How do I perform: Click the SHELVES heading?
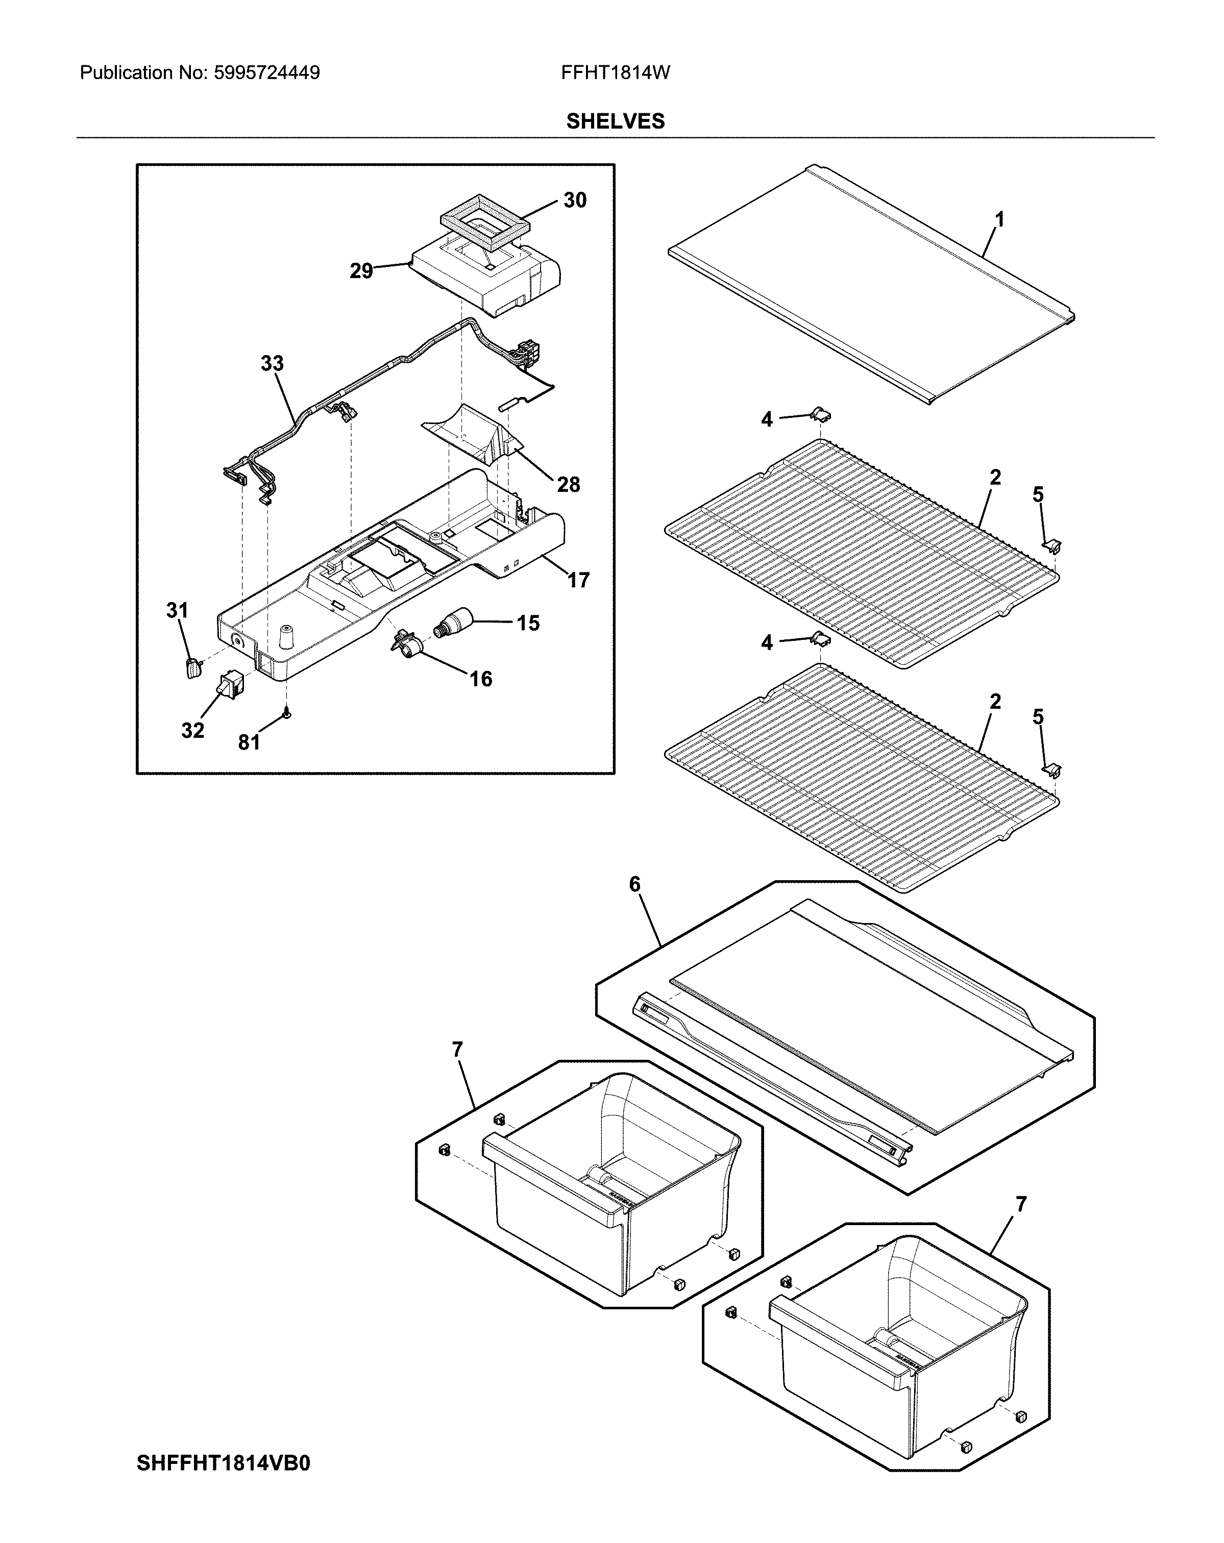pos(615,121)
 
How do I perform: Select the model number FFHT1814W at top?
pos(615,73)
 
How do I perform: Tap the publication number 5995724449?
pos(266,73)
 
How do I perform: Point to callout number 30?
pos(575,201)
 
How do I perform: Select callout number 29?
pos(361,271)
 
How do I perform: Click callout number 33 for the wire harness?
pos(272,364)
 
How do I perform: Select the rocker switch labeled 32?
pos(231,684)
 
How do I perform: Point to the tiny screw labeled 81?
pos(286,713)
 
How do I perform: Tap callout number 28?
pos(568,485)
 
